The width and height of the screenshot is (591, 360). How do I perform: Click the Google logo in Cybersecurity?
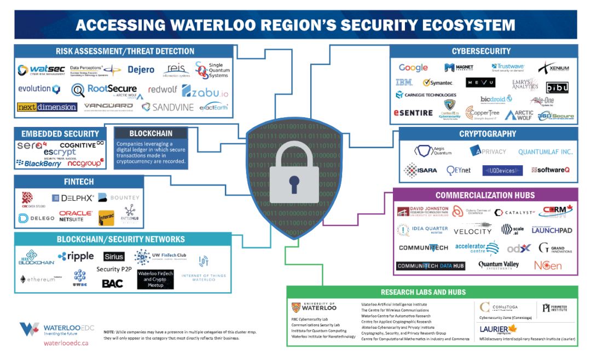(x=413, y=68)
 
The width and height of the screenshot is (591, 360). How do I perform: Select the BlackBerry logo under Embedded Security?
(x=39, y=162)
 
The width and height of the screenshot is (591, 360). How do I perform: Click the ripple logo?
(x=76, y=256)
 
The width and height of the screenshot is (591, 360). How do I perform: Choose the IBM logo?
(x=404, y=83)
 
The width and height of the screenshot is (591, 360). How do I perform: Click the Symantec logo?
(x=438, y=83)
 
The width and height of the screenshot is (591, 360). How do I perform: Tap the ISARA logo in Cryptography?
(x=420, y=170)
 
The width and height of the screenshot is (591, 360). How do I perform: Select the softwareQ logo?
(x=550, y=170)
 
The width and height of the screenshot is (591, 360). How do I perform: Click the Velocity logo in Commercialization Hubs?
(x=473, y=231)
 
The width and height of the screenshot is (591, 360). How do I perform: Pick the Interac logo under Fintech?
(x=106, y=218)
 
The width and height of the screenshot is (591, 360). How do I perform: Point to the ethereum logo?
(x=38, y=279)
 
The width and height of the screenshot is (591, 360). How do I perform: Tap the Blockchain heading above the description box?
(x=151, y=133)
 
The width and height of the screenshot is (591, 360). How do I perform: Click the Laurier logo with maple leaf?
(x=499, y=329)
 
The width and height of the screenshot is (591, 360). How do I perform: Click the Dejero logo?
(x=141, y=70)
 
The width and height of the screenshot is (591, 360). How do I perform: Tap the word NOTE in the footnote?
(x=109, y=332)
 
